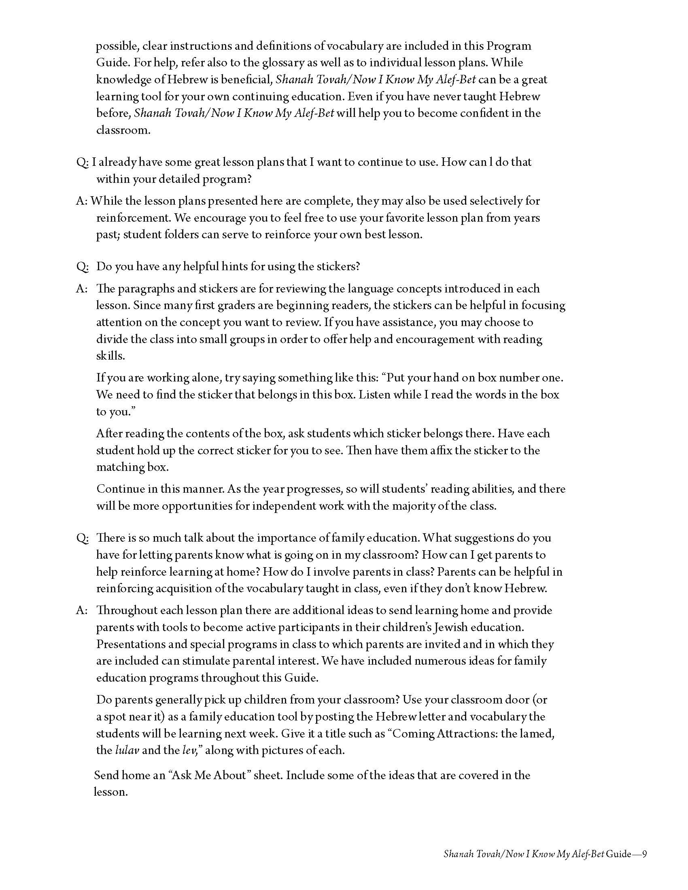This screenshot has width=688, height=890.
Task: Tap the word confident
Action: pos(481,113)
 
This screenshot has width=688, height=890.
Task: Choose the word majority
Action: pos(416,506)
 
